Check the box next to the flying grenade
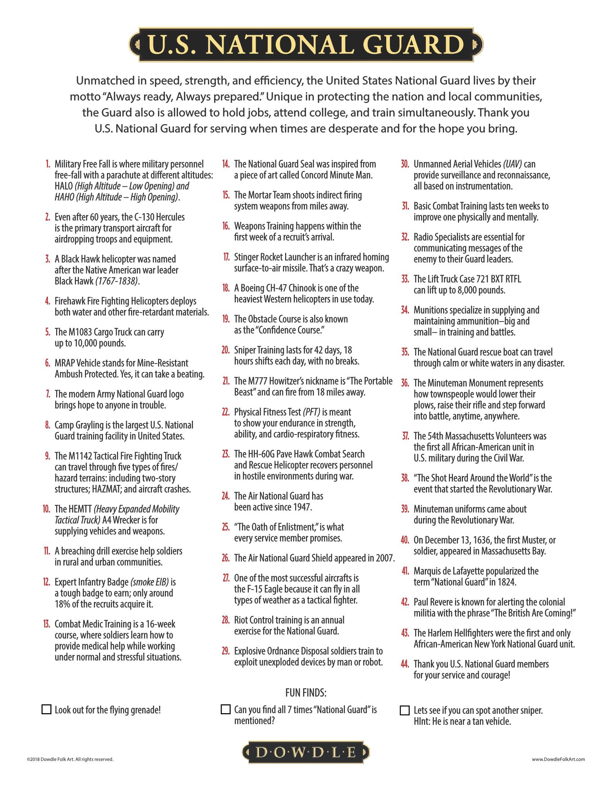coord(46,709)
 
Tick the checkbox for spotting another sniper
coord(405,710)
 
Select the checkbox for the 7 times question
coord(225,709)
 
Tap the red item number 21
coord(225,381)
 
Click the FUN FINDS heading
coord(306,693)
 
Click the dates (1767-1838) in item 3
coord(117,281)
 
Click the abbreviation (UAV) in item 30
coord(512,164)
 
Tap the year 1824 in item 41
coord(505,582)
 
